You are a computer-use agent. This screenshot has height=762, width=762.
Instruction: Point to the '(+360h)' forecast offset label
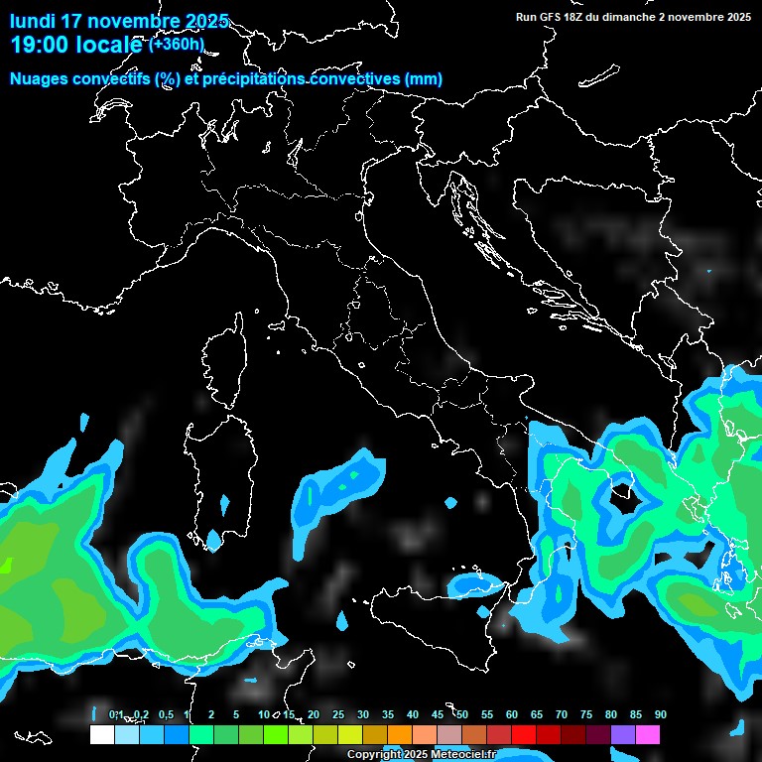[x=176, y=44]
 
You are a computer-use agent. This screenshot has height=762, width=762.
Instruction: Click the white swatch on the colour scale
[x=101, y=735]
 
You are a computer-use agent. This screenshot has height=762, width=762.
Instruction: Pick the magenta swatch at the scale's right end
[x=648, y=735]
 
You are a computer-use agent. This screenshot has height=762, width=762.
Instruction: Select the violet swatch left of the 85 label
[x=623, y=735]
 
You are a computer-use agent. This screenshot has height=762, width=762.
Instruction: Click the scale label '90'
[x=661, y=715]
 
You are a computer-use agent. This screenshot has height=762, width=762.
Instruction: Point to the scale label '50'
[x=462, y=715]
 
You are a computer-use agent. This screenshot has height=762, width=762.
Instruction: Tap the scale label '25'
[x=338, y=715]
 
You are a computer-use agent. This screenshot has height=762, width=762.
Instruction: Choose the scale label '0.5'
[x=166, y=715]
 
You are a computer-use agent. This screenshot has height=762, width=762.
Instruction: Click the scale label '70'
[x=562, y=715]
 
